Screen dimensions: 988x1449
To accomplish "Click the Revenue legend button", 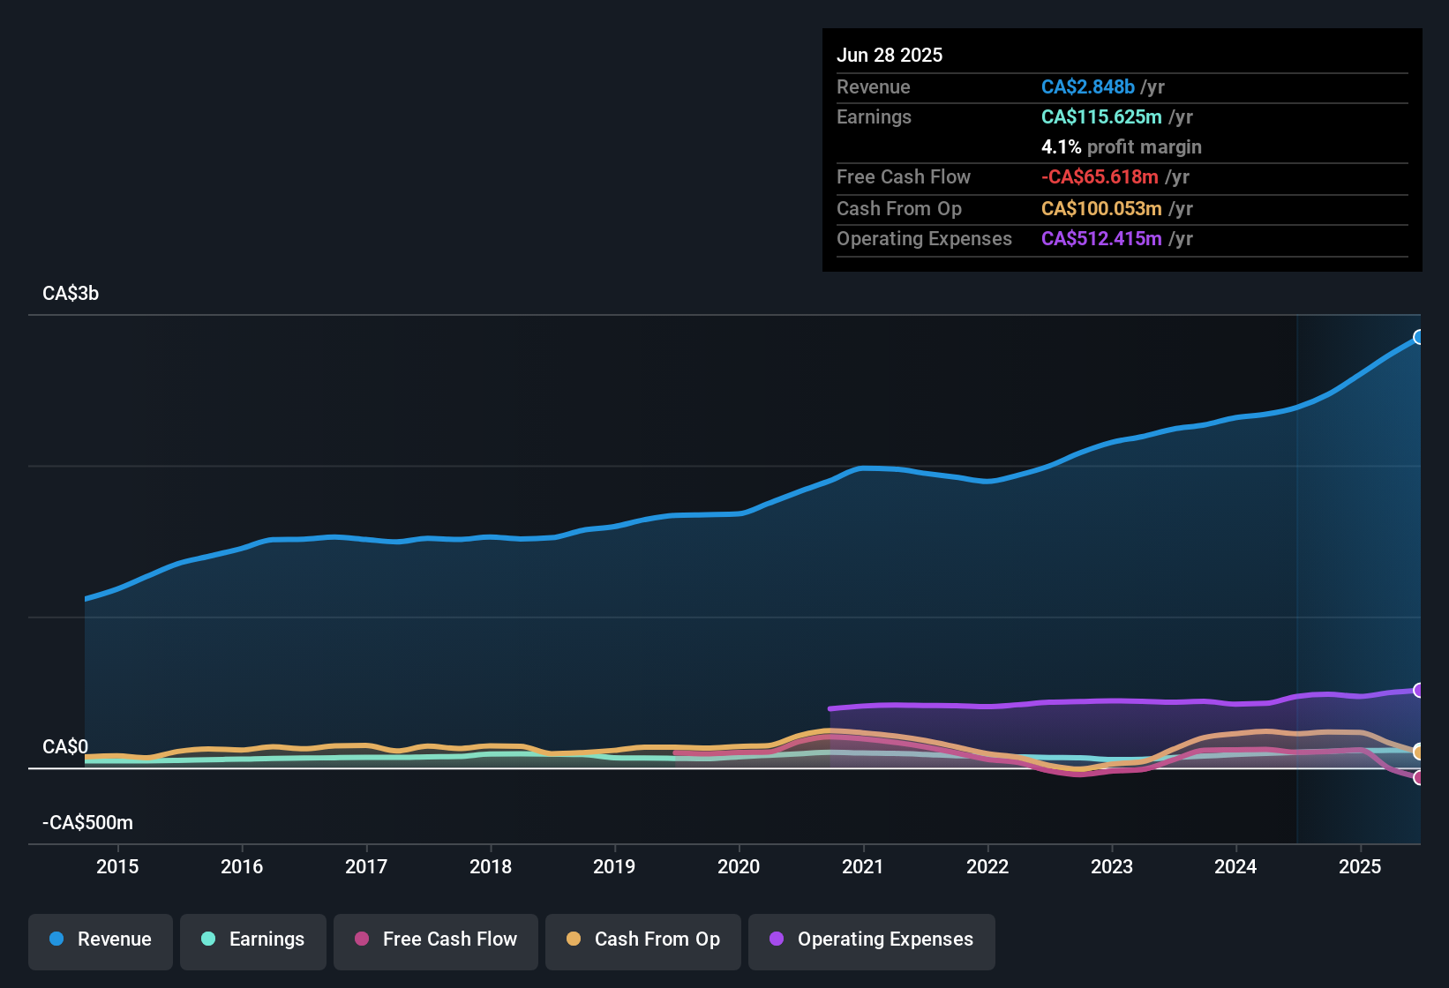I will click(x=101, y=939).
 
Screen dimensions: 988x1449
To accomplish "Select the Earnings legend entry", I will click(x=253, y=939).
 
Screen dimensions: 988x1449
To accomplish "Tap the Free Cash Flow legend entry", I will click(x=436, y=939).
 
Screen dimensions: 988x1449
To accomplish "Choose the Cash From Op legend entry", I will click(x=643, y=939).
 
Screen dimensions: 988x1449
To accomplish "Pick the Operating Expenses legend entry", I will click(x=872, y=939).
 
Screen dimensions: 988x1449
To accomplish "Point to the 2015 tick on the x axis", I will click(x=117, y=866).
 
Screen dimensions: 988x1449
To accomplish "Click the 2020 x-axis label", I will click(x=739, y=866).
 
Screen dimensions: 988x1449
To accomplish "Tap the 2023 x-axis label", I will click(x=1111, y=866).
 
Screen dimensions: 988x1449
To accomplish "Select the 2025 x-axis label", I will click(x=1360, y=866).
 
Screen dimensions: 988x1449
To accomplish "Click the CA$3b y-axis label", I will click(x=71, y=294).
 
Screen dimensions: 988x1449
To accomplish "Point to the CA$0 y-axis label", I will click(x=65, y=747).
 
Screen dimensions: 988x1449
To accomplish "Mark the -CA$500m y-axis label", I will click(x=87, y=823).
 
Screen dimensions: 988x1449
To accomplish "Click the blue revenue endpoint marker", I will click(x=1418, y=337).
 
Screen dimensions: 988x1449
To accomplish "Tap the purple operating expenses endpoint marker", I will click(x=1418, y=690).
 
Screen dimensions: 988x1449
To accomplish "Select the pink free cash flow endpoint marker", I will click(x=1418, y=777).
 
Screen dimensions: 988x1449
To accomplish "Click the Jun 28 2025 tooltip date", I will click(x=890, y=55).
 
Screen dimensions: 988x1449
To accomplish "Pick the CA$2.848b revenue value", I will click(x=1087, y=86).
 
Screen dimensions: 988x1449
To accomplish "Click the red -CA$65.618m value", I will click(x=1100, y=176).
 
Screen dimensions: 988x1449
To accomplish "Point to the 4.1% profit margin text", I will click(x=1121, y=146).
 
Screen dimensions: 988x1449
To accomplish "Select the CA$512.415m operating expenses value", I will click(x=1101, y=238).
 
